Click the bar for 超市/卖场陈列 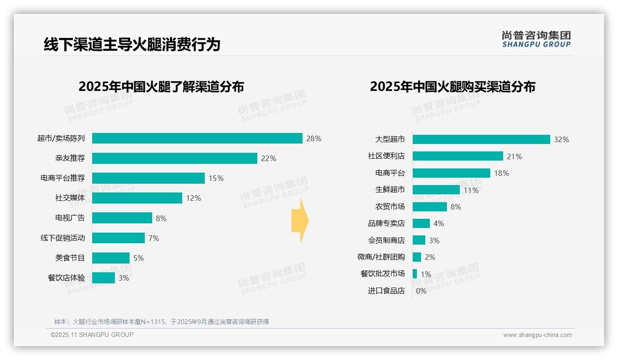[197, 138]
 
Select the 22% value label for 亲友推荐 [268, 158]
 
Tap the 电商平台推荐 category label [63, 178]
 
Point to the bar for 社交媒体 [137, 198]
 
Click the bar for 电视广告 [122, 218]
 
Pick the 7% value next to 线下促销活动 [154, 238]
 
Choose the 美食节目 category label [70, 258]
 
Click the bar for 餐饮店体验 [103, 278]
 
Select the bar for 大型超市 [481, 139]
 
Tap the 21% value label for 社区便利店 [514, 156]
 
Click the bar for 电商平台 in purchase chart [451, 173]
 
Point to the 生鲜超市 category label [390, 190]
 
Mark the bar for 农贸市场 [429, 207]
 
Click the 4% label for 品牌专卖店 [439, 223]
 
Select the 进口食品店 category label [386, 291]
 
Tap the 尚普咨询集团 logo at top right [536, 39]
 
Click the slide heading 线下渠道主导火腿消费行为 [132, 44]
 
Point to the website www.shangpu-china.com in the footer [537, 335]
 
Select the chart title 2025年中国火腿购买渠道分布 [452, 87]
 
